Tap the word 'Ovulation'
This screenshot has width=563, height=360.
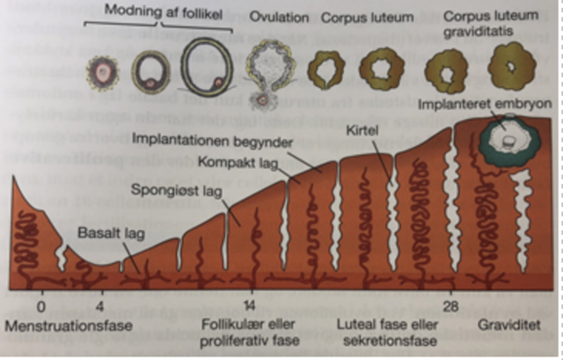[279, 17]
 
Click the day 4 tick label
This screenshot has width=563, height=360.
[99, 307]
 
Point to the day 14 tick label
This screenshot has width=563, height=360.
[251, 307]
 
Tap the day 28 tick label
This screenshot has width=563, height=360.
[450, 307]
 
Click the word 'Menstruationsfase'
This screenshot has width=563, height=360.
[69, 326]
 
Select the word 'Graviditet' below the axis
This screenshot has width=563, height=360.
[507, 325]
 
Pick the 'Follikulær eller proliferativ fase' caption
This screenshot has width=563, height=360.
[249, 333]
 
